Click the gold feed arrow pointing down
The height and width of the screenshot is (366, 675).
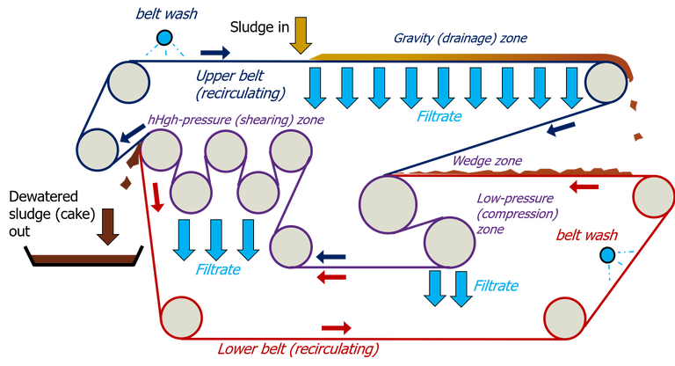coord(301,34)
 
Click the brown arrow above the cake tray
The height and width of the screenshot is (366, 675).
coord(108,227)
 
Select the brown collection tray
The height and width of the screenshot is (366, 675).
coord(82,258)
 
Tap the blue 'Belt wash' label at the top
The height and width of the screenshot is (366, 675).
coord(158,13)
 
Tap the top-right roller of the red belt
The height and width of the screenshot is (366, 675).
coord(652,194)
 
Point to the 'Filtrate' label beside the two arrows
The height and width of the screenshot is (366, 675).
coord(496,286)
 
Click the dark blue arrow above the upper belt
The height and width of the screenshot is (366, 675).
coord(216,50)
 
